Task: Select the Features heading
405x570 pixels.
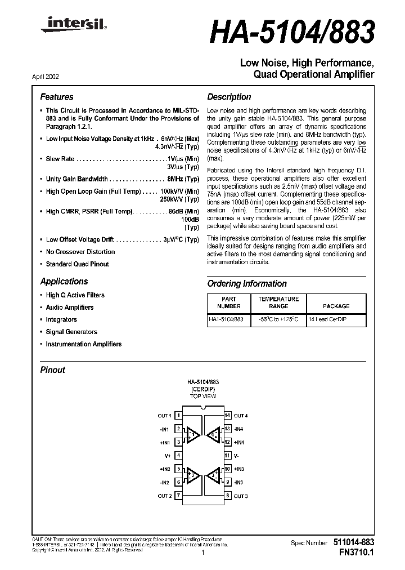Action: click(57, 97)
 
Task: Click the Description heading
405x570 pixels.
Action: click(229, 97)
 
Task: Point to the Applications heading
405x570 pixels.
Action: click(64, 282)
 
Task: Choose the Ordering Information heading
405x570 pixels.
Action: click(247, 284)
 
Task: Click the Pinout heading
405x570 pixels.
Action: click(53, 370)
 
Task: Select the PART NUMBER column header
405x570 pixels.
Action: click(229, 302)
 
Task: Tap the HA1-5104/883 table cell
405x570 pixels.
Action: click(226, 319)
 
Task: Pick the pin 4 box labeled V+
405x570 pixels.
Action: click(178, 455)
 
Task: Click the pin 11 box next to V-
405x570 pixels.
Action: click(227, 455)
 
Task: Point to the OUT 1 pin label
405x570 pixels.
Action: click(164, 416)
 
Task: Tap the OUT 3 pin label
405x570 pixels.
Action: click(241, 496)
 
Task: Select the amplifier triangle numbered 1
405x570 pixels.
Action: click(192, 434)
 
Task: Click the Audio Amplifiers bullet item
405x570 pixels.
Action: click(70, 308)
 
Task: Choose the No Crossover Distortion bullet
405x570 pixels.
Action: click(80, 252)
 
